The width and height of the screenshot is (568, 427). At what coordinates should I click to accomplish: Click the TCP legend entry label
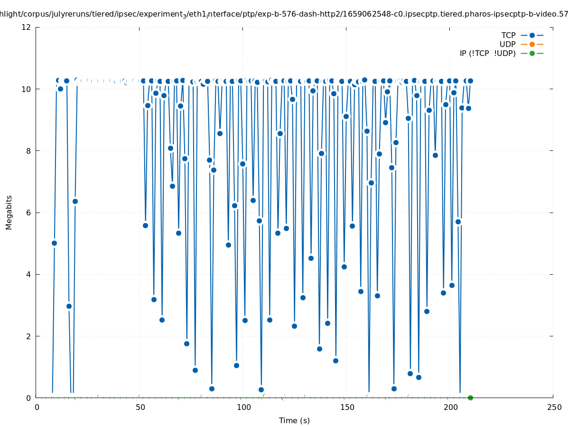click(508, 35)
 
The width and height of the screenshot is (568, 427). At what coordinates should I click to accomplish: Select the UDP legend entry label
click(507, 44)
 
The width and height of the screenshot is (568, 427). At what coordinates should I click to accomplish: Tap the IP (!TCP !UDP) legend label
click(487, 53)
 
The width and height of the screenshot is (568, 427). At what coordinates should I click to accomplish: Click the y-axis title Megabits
click(9, 212)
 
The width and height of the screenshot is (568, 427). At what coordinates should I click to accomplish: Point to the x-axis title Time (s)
click(294, 420)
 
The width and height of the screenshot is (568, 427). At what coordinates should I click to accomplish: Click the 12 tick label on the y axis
click(27, 27)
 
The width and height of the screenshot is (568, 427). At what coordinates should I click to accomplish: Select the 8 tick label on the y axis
click(28, 151)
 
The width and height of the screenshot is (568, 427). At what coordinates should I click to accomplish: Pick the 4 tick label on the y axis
click(28, 274)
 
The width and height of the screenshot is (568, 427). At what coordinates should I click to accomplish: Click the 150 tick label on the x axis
click(347, 407)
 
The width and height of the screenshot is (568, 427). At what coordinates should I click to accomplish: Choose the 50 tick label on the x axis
click(140, 407)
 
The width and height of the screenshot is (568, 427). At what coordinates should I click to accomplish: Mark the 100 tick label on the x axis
click(243, 407)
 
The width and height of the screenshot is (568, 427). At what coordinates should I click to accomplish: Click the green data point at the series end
click(470, 398)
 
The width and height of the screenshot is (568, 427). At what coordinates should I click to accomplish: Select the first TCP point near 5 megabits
click(54, 243)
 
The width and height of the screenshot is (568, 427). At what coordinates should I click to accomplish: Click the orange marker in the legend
click(532, 44)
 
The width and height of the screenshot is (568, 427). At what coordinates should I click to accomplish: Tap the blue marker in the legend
click(532, 35)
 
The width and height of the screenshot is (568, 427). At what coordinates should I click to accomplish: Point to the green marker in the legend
click(532, 53)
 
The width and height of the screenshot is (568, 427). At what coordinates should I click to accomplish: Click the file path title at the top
click(284, 15)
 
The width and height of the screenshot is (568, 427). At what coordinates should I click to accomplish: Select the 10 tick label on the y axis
click(27, 89)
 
